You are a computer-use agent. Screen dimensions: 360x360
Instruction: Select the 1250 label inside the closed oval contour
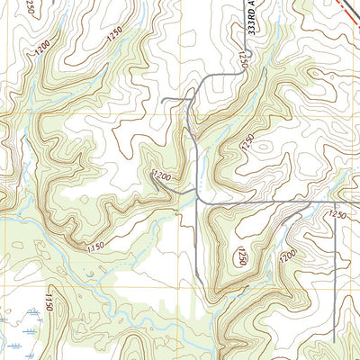coord(242,257)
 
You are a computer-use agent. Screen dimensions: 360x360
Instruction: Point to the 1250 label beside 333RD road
coord(244,59)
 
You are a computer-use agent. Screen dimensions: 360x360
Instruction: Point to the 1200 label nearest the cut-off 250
coord(41,50)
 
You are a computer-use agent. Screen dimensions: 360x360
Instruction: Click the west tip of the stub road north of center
coord(163,100)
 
